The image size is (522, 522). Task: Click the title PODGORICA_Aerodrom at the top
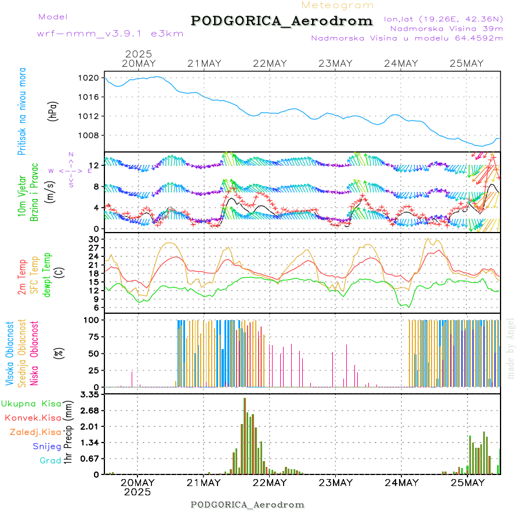coord(282,21)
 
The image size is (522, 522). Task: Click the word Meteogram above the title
coord(338,5)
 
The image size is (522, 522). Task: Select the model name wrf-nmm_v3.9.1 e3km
coord(110,34)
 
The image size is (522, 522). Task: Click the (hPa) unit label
coord(53,110)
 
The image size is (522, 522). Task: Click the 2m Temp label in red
coord(21,277)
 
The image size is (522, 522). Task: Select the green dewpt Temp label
coord(47,274)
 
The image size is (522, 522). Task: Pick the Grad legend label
coord(50,461)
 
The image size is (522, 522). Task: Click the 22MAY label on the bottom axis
coord(270,483)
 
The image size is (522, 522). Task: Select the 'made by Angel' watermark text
coord(511,348)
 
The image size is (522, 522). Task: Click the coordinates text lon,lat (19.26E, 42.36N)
coord(443,19)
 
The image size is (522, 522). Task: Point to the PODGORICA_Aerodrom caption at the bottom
coord(248,505)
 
